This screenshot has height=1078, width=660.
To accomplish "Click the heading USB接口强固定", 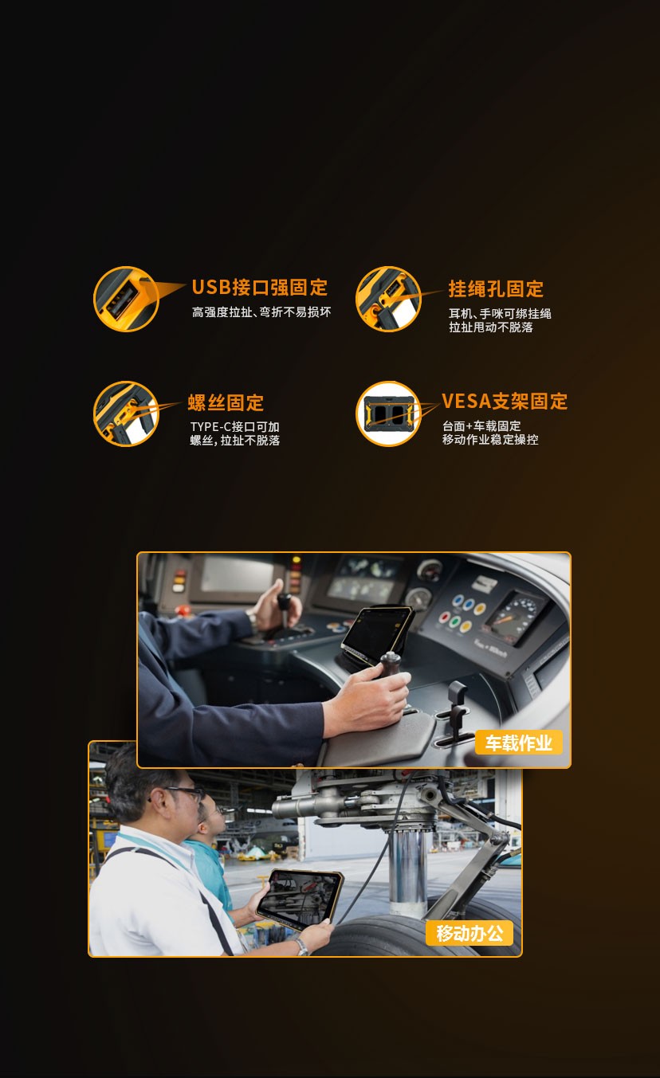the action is pos(260,288).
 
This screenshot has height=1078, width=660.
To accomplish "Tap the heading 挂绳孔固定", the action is pos(496,288).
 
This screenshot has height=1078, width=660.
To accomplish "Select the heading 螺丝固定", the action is pos(226,403).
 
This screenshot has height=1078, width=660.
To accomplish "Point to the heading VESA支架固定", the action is pos(505,401).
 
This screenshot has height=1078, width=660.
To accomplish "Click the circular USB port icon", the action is pos(126,299).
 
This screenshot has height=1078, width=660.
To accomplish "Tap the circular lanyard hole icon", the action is pos(388,299).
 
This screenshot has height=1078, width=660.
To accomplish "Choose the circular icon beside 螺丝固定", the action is pos(126,414).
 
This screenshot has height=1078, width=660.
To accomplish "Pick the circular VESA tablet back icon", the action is pos(388,414).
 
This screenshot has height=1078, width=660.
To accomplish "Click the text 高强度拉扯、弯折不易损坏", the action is pos(261,312).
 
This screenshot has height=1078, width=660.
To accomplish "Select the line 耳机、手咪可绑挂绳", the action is pos(500,314).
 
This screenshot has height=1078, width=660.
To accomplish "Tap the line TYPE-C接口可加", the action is pos(235,427).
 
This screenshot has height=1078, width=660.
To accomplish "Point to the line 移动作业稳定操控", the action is pos(490,439).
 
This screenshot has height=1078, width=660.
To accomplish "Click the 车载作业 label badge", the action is pos(518,743).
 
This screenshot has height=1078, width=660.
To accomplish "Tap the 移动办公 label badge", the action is pos(469,933).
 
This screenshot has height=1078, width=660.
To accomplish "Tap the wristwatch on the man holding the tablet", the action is pos(301,947).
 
